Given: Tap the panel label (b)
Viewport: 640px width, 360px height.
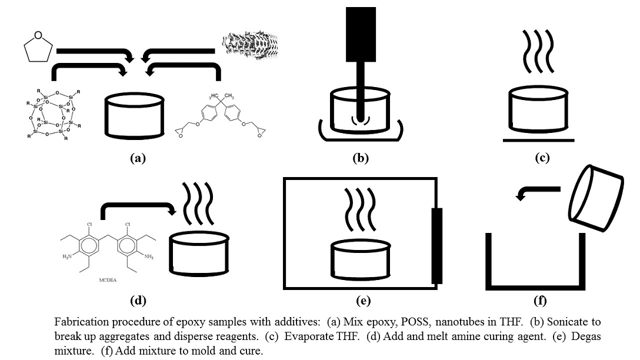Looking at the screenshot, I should [361, 157].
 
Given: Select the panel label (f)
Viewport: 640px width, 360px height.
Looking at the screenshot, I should [539, 301].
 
